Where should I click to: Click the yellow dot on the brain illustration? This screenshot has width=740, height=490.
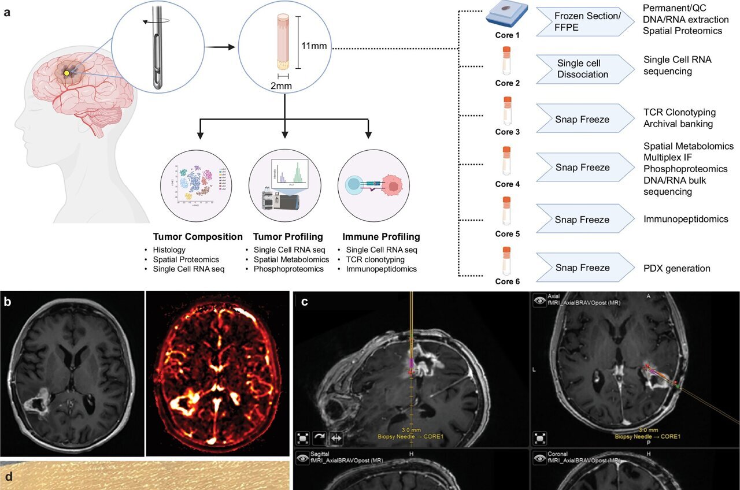pyautogui.click(x=67, y=73)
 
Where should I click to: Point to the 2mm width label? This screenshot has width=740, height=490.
pyautogui.click(x=282, y=86)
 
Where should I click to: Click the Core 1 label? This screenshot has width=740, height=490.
pyautogui.click(x=508, y=35)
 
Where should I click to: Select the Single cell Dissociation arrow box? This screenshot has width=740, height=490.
pyautogui.click(x=582, y=68)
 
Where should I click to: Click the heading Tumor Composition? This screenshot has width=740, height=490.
pyautogui.click(x=198, y=237)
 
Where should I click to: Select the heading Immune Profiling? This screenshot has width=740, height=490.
pyautogui.click(x=381, y=237)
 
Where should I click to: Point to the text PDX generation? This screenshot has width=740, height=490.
pyautogui.click(x=677, y=269)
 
